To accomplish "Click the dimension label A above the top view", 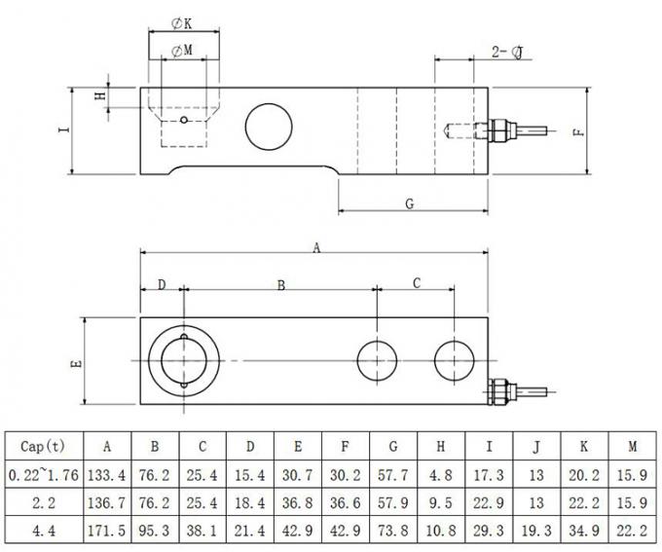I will pyautogui.click(x=315, y=248).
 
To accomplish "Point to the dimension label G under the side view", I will pyautogui.click(x=409, y=203).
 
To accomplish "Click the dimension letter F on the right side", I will pyautogui.click(x=579, y=131).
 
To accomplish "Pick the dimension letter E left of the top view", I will pyautogui.click(x=78, y=362).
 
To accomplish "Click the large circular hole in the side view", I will pyautogui.click(x=268, y=126).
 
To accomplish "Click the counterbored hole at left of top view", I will pyautogui.click(x=183, y=360).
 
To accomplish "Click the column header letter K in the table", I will pyautogui.click(x=583, y=446).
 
